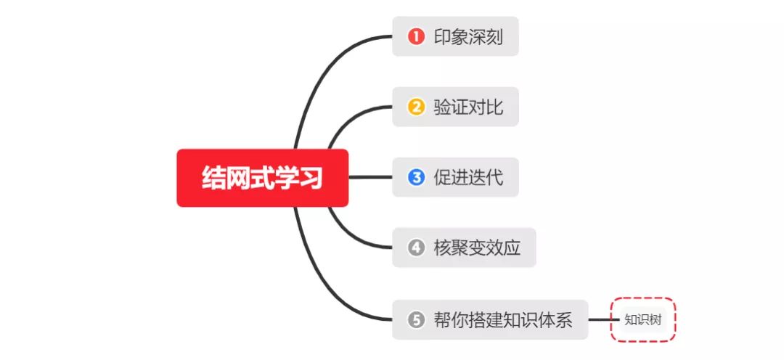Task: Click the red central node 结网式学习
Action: [x=262, y=178]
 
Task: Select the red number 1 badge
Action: [x=416, y=36]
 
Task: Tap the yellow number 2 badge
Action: [x=416, y=107]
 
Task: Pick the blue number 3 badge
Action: [x=416, y=177]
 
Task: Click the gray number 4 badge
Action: [x=416, y=248]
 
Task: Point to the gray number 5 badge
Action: [x=416, y=319]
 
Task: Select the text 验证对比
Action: [x=468, y=107]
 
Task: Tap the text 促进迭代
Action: [x=468, y=177]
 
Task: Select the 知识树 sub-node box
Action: [x=643, y=319]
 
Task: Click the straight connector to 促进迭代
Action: [x=370, y=177]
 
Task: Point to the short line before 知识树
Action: [x=600, y=319]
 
